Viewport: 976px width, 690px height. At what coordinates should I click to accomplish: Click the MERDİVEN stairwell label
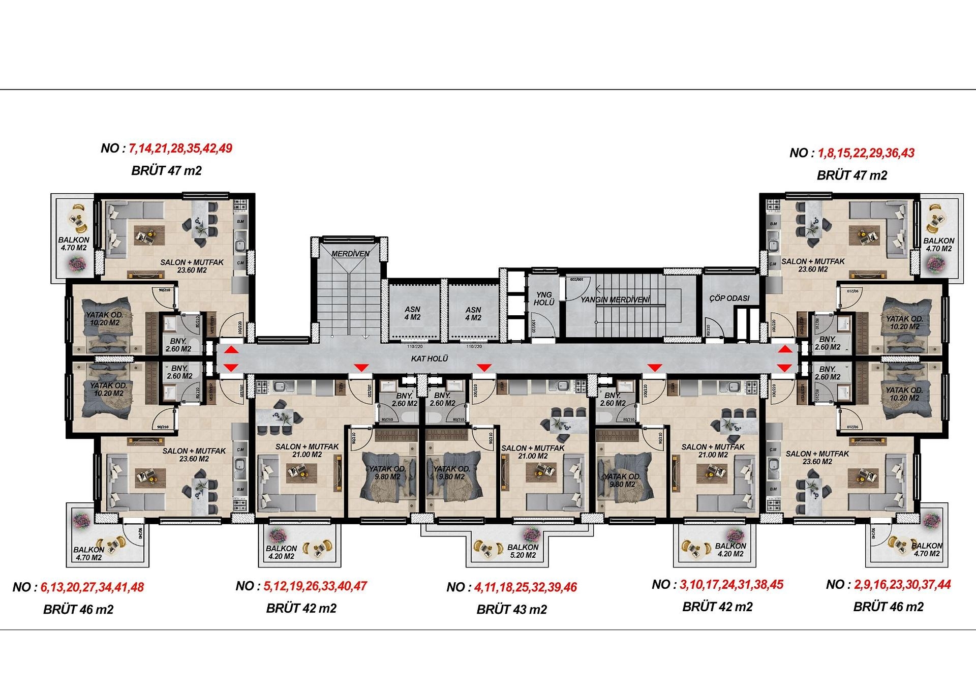pyautogui.click(x=350, y=253)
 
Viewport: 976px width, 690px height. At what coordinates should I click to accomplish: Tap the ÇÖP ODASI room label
pyautogui.click(x=729, y=298)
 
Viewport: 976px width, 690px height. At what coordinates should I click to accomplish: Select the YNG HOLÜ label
pyautogui.click(x=544, y=298)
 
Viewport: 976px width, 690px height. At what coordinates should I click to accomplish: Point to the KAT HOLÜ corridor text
pyautogui.click(x=430, y=358)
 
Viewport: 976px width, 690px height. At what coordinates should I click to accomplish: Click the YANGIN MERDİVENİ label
pyautogui.click(x=616, y=300)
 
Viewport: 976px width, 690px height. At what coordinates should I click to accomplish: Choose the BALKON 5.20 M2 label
pyautogui.click(x=523, y=551)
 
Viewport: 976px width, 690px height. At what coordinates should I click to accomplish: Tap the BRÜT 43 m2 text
pyautogui.click(x=511, y=609)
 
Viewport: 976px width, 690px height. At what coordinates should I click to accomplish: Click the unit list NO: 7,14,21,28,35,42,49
pyautogui.click(x=167, y=148)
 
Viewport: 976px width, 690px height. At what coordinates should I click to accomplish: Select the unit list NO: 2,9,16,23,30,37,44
pyautogui.click(x=888, y=585)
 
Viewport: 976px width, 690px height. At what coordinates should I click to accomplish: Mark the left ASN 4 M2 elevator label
pyautogui.click(x=412, y=313)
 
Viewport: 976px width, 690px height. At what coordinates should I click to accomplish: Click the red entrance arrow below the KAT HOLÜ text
pyautogui.click(x=483, y=368)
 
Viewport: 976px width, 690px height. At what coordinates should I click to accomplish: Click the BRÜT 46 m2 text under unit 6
pyautogui.click(x=78, y=609)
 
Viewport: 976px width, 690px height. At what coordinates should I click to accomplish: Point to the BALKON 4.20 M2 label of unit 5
pyautogui.click(x=281, y=552)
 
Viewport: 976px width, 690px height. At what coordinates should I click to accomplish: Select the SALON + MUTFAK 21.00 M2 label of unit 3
pyautogui.click(x=713, y=451)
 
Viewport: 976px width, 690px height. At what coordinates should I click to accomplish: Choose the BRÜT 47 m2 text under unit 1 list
pyautogui.click(x=851, y=175)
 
